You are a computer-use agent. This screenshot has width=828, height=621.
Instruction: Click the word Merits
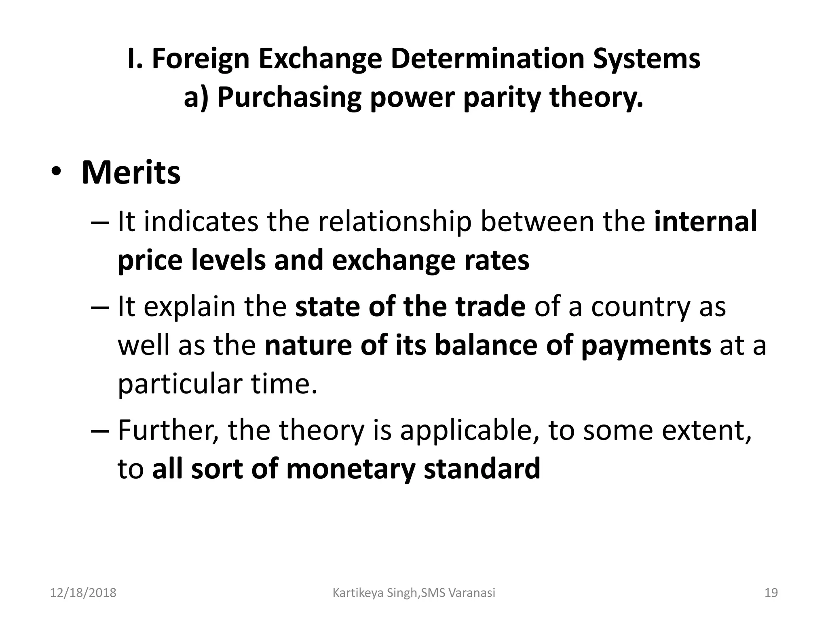click(131, 173)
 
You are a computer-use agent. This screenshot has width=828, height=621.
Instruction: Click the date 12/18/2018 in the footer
click(83, 593)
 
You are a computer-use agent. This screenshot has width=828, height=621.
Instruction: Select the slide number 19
click(771, 593)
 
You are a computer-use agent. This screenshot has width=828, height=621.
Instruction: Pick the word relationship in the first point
click(395, 222)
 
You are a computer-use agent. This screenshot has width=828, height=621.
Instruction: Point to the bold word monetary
click(351, 469)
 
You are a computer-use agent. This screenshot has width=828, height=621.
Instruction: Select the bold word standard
click(482, 469)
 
